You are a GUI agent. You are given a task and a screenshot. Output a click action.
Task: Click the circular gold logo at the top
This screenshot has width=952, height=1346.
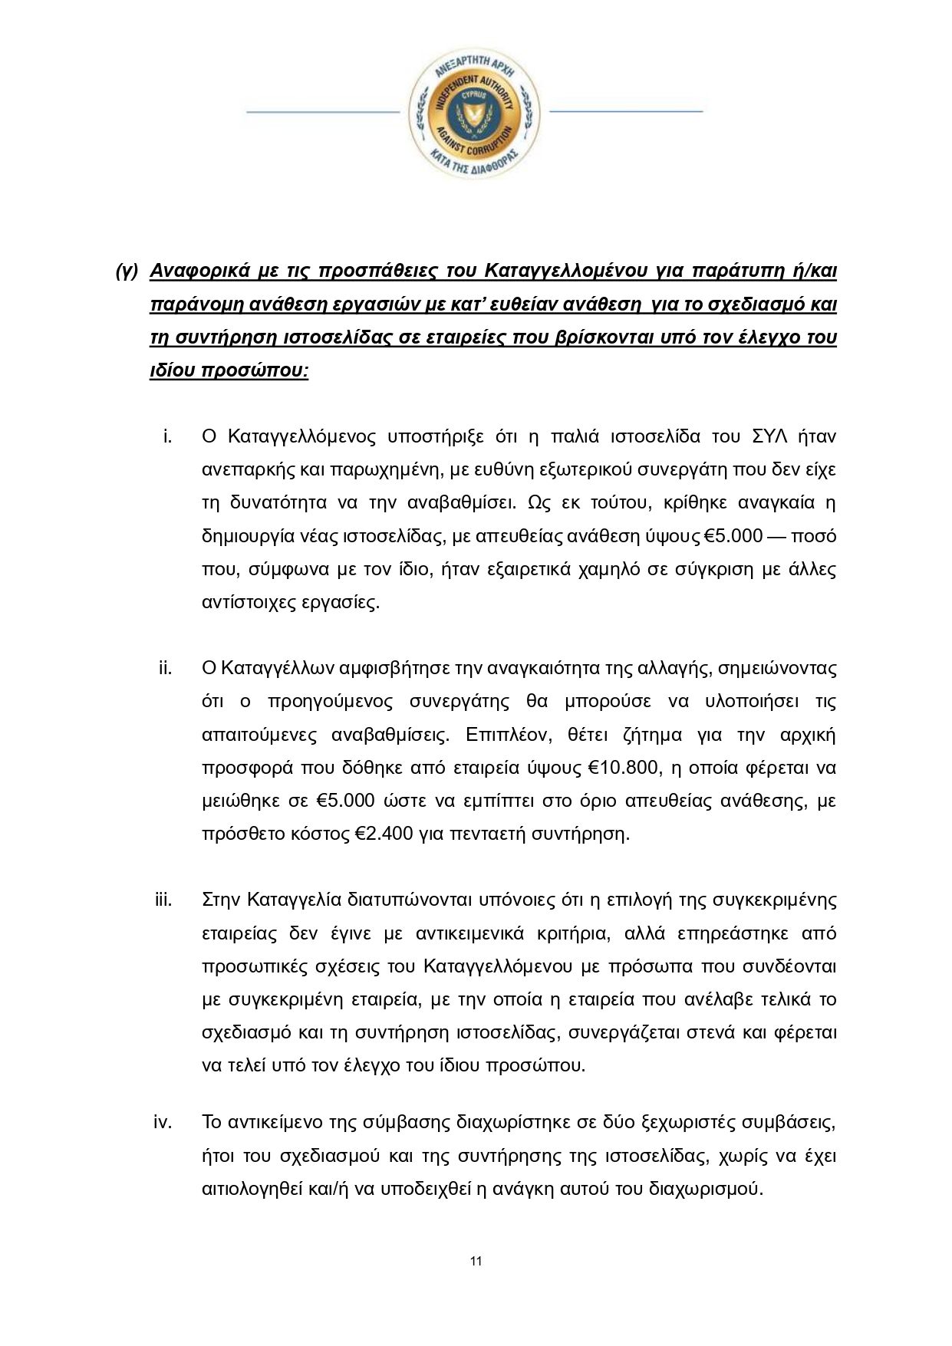[474, 112]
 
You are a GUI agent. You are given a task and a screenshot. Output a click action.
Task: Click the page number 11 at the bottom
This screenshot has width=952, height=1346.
[476, 1261]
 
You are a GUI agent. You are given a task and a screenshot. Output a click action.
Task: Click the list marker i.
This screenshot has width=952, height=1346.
[166, 436]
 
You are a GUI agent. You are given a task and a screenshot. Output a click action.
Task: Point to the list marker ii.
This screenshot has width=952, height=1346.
[165, 668]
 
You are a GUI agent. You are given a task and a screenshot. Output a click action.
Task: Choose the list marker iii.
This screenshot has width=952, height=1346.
[163, 900]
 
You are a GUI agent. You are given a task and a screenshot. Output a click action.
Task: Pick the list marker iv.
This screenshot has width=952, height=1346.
[163, 1123]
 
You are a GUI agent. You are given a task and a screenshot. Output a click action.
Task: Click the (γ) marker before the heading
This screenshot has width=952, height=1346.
[126, 272]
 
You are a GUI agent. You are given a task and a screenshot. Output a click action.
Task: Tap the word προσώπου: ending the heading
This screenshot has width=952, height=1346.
[254, 371]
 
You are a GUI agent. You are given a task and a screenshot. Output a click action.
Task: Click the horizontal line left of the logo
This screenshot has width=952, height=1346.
[323, 112]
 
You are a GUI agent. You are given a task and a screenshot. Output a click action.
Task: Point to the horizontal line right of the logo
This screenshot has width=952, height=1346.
[626, 112]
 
